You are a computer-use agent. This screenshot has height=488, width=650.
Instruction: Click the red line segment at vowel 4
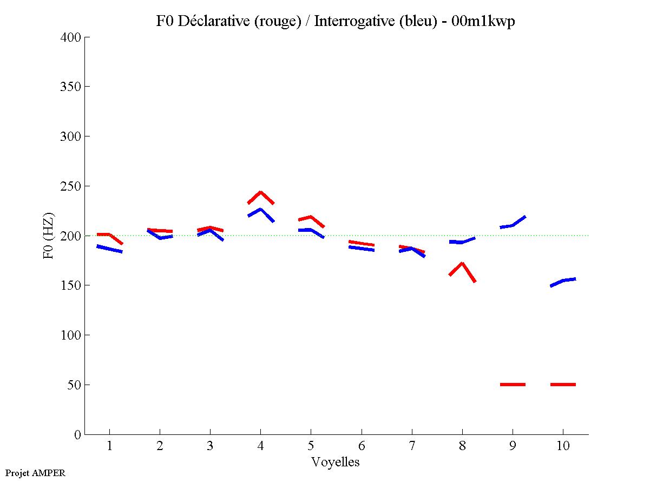[260, 193]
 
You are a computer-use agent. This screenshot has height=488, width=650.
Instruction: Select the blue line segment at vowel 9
[513, 224]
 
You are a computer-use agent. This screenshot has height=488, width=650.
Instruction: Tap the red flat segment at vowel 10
[563, 385]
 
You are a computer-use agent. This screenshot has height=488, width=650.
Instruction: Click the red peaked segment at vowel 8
[462, 264]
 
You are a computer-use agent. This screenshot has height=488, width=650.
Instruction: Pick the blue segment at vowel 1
[110, 249]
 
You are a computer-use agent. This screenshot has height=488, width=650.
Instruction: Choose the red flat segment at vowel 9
[513, 385]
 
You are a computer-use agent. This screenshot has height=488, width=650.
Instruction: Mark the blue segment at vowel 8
[462, 242]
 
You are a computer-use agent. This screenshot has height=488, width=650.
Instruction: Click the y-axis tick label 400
[71, 37]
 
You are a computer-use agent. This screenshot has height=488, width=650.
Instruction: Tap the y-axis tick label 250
[71, 186]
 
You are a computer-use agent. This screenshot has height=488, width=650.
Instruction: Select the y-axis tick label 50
[74, 385]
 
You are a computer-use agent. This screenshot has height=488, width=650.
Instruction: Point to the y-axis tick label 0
[77, 435]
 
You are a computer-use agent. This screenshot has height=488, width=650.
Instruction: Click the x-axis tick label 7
[411, 446]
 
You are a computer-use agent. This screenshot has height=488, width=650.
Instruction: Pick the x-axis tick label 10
[563, 446]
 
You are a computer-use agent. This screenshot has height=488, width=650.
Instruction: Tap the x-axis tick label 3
[210, 446]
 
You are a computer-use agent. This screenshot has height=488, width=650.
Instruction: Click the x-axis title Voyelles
[336, 462]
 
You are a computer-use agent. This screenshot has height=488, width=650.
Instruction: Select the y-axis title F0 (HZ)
[49, 236]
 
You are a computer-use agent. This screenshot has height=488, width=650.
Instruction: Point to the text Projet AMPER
[35, 473]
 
